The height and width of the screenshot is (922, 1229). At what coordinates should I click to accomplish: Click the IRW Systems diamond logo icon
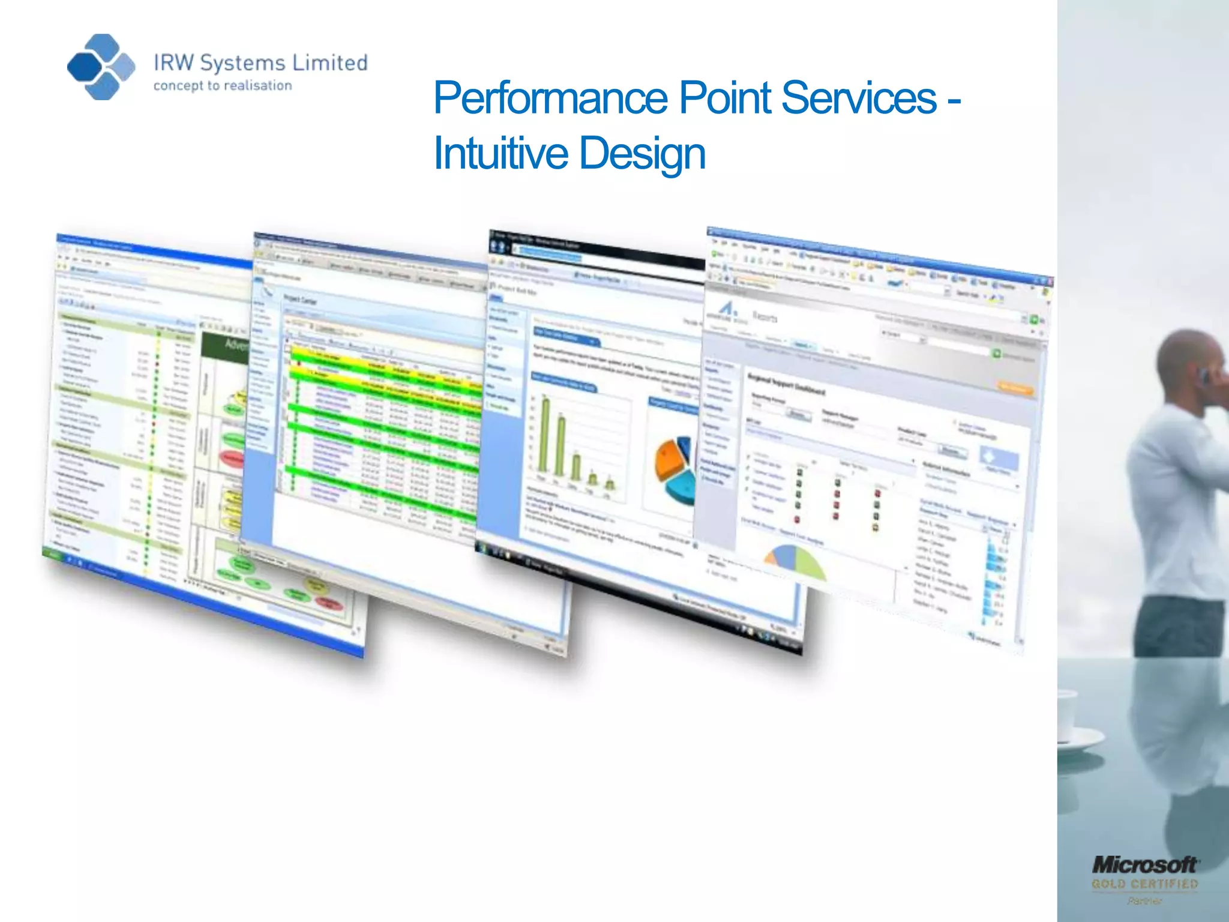pos(101,67)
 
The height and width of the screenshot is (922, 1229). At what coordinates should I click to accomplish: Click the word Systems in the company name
pos(242,63)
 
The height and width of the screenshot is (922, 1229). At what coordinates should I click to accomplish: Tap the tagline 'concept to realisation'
pos(223,86)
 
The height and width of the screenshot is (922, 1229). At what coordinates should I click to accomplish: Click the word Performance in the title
pos(550,98)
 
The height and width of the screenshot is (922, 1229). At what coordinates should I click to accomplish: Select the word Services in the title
pos(858,98)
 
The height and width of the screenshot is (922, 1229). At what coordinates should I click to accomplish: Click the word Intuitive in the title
pos(500,153)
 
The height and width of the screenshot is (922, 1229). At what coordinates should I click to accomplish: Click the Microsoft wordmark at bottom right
pos(1144,865)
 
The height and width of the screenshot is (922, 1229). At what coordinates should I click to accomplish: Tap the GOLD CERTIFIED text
pos(1144,884)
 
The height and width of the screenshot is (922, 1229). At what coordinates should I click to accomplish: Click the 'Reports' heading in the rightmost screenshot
pos(765,316)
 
